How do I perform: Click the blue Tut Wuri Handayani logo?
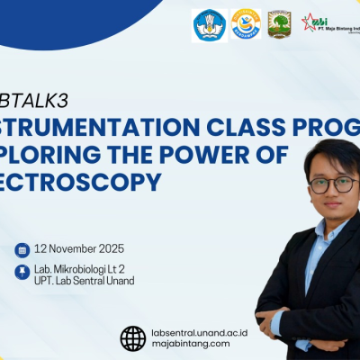pyautogui.click(x=210, y=25)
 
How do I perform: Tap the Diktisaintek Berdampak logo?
pyautogui.click(x=245, y=24)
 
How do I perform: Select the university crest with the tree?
pyautogui.click(x=279, y=24)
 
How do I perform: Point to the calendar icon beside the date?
pyautogui.click(x=22, y=249)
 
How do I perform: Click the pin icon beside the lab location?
pyautogui.click(x=22, y=272)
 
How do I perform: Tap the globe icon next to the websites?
pyautogui.click(x=132, y=337)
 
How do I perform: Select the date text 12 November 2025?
pyautogui.click(x=79, y=249)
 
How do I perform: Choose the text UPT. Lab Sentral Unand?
pyautogui.click(x=85, y=280)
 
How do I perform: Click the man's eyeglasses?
pyautogui.click(x=331, y=184)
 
